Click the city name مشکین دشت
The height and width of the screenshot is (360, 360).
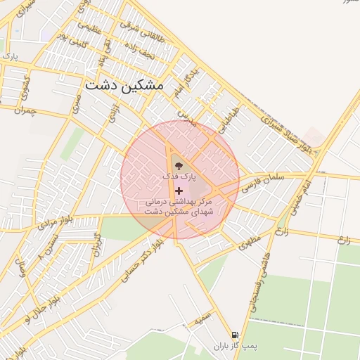(124, 84)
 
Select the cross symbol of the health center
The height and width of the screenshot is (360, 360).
(179, 191)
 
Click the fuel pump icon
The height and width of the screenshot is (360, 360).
(234, 335)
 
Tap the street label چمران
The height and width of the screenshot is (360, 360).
(24, 110)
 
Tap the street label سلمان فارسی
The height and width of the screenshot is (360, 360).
(262, 184)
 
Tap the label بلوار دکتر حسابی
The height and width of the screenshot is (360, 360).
(140, 261)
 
